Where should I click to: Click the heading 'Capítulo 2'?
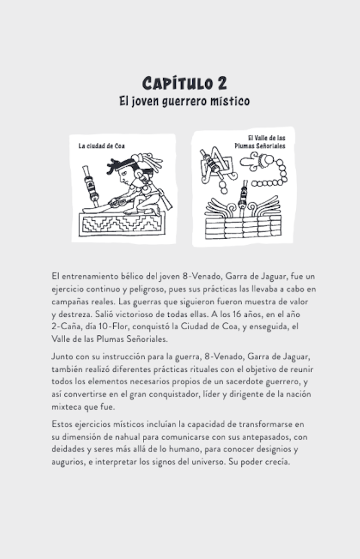[185, 83]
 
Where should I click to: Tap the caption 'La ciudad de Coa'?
[101, 146]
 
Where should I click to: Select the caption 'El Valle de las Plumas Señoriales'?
[266, 142]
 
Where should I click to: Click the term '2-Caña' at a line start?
[65, 327]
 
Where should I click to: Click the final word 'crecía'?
[278, 462]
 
